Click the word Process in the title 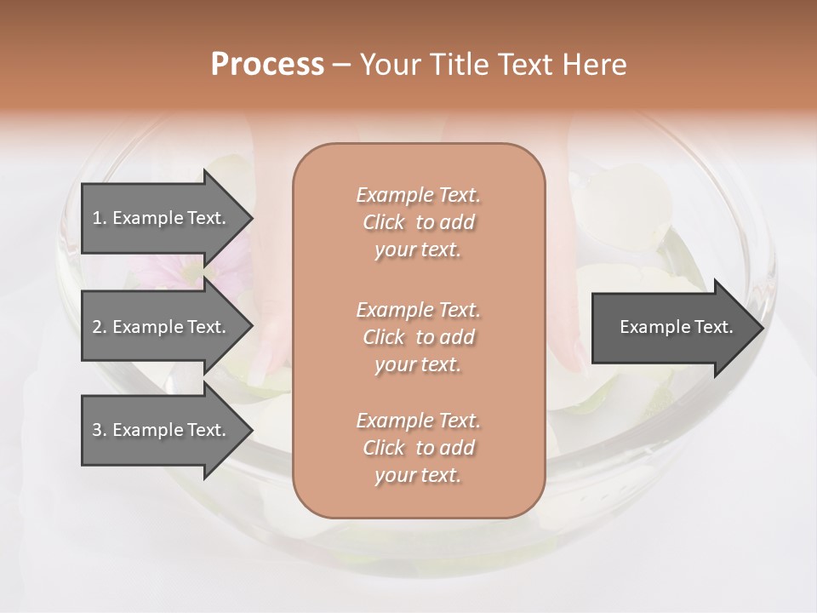[267, 65]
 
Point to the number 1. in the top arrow [100, 218]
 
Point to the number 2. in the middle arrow [100, 327]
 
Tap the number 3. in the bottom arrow [100, 430]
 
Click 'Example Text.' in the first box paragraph [418, 195]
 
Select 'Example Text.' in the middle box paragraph [418, 309]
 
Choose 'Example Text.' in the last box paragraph [418, 421]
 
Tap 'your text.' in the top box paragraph [418, 250]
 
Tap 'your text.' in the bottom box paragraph [418, 476]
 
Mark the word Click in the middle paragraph [383, 337]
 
